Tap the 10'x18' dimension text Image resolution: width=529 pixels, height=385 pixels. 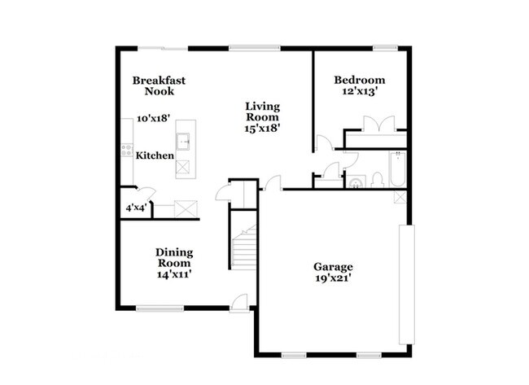153,118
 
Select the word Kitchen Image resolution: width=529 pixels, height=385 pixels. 155,155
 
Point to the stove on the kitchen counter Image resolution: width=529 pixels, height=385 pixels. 127,149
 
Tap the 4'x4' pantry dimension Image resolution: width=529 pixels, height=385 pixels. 135,208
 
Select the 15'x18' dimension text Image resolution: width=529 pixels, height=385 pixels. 263,129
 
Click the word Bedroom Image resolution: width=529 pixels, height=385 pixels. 359,80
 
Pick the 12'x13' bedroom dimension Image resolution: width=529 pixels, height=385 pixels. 359,92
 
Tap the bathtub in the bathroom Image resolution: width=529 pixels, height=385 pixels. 399,170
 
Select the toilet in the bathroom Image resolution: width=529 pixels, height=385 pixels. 377,180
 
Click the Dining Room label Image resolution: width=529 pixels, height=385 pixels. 173,257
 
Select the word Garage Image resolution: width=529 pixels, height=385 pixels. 333,266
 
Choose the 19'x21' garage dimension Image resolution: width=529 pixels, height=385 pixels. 333,278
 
